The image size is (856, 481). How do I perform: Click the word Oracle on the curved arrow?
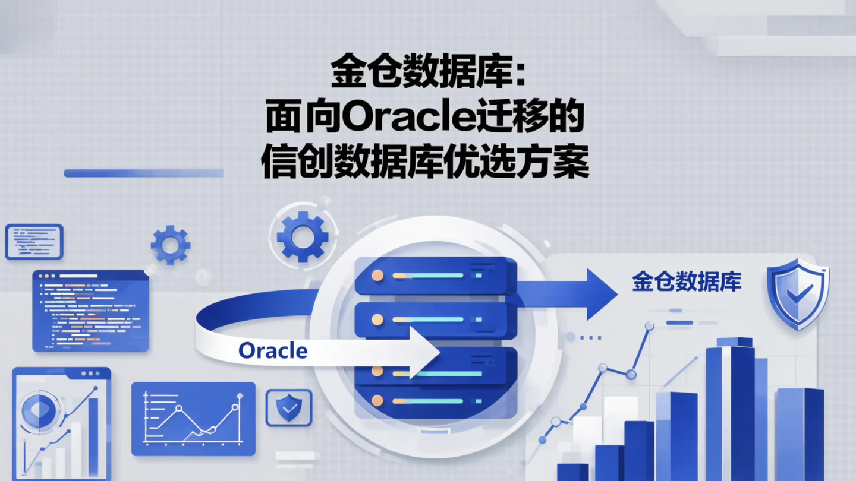[x=273, y=351]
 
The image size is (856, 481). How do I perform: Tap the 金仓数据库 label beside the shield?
[x=687, y=281]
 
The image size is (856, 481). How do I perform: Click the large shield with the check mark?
[x=798, y=293]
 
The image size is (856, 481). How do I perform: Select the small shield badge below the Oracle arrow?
[x=289, y=407]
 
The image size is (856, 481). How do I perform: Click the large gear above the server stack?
[x=303, y=236]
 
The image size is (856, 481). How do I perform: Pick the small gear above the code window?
[x=171, y=245]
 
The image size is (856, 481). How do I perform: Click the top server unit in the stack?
[x=435, y=276]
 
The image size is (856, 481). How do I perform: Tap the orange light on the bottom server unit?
[x=377, y=401]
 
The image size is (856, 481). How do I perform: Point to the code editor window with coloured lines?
[x=90, y=311]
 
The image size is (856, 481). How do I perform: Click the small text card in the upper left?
[x=34, y=242]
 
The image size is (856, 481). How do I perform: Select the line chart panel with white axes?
[x=193, y=419]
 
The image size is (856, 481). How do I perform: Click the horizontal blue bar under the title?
[x=143, y=173]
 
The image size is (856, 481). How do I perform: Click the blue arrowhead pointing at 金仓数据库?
[x=600, y=293]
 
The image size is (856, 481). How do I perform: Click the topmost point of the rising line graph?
[x=649, y=326]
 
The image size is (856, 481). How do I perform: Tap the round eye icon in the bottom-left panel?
[x=38, y=410]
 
